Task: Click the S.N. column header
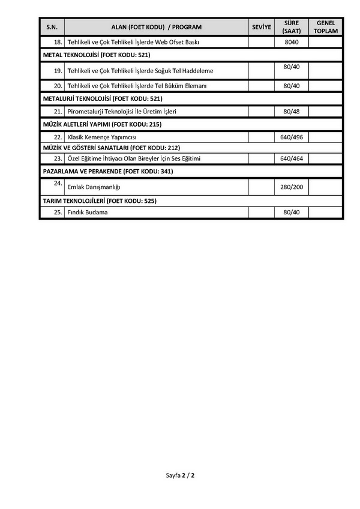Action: click(x=52, y=27)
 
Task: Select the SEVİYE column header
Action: click(x=262, y=27)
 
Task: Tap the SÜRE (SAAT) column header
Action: click(x=292, y=27)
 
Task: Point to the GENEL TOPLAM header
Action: click(x=326, y=27)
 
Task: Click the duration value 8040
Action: click(x=292, y=43)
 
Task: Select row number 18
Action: click(x=58, y=42)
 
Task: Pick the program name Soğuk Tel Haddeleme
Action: click(x=140, y=71)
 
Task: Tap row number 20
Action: click(x=58, y=86)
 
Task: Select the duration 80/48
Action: click(x=292, y=112)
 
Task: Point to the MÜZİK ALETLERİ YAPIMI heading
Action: click(x=102, y=124)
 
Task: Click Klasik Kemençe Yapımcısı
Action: click(x=103, y=137)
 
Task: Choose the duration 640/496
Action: click(x=292, y=137)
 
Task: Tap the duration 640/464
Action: click(x=292, y=159)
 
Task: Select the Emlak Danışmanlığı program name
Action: click(x=94, y=187)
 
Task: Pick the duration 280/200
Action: click(x=292, y=187)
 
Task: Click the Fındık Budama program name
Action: click(x=88, y=212)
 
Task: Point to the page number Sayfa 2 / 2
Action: click(x=180, y=475)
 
